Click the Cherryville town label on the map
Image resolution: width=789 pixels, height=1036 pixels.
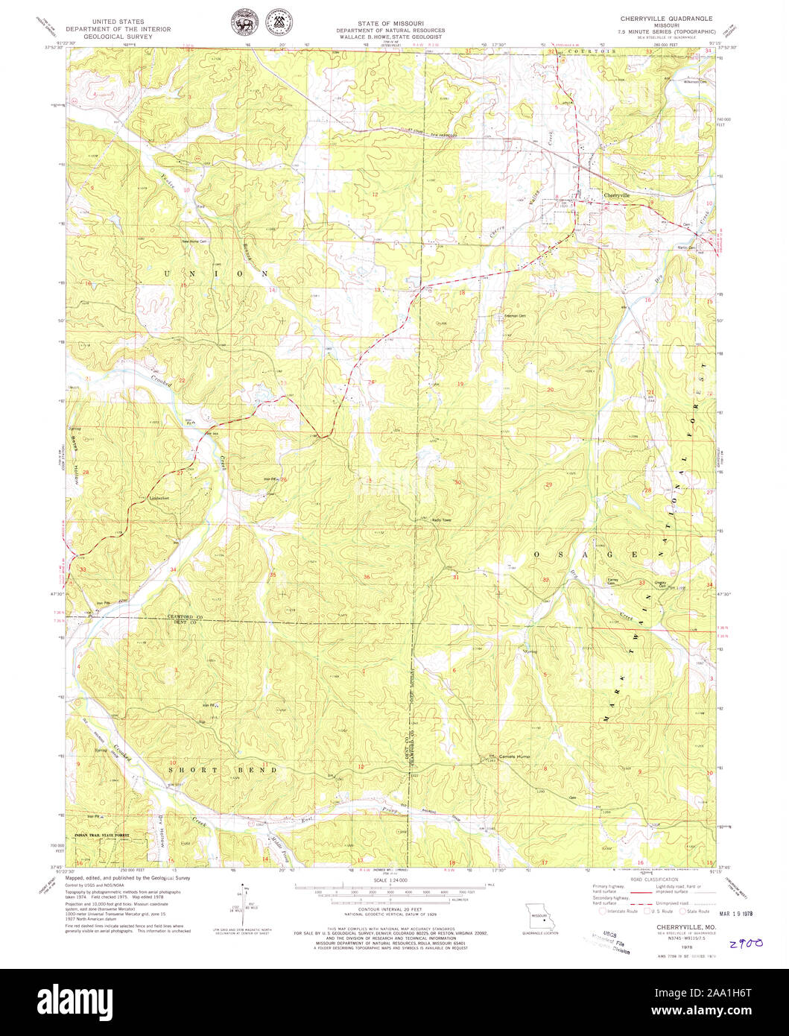(616, 195)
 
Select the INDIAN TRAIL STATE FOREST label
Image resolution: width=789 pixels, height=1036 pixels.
(101, 836)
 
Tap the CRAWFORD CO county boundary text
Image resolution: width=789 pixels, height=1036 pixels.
(185, 617)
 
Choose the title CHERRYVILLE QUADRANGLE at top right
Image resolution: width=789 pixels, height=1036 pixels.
(667, 17)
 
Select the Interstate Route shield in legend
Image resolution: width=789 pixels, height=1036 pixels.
(602, 911)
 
